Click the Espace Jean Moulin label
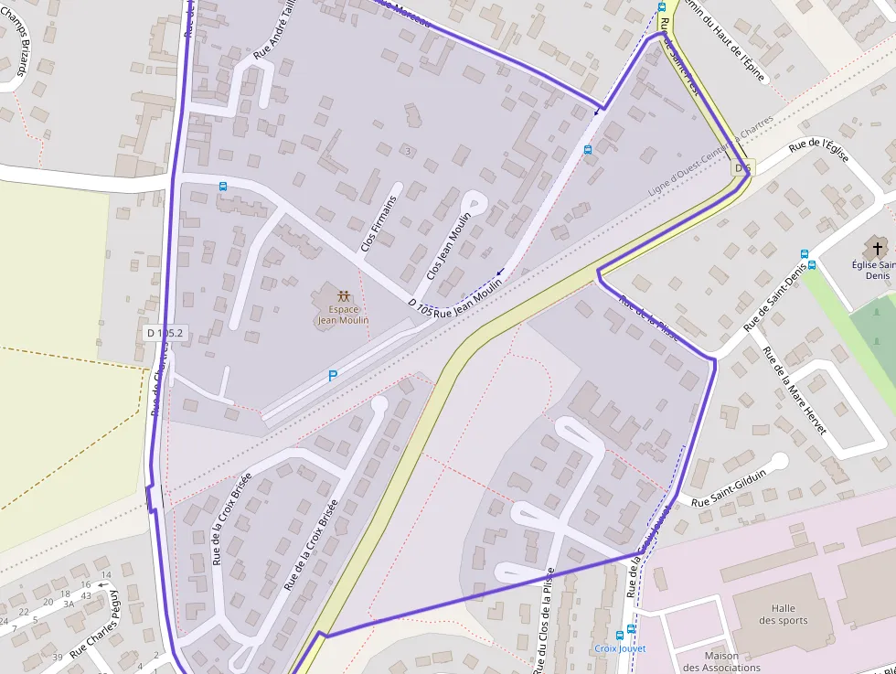tap(343, 315)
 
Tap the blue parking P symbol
tap(333, 375)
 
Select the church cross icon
tap(878, 247)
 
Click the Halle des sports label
tap(783, 615)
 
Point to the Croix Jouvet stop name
tap(620, 648)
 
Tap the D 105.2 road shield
tap(165, 334)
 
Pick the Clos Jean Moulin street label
tap(449, 246)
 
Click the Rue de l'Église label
tap(818, 151)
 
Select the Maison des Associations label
tap(721, 661)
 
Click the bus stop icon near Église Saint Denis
tap(805, 254)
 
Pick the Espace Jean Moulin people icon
tap(343, 296)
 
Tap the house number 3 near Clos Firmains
tap(407, 150)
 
